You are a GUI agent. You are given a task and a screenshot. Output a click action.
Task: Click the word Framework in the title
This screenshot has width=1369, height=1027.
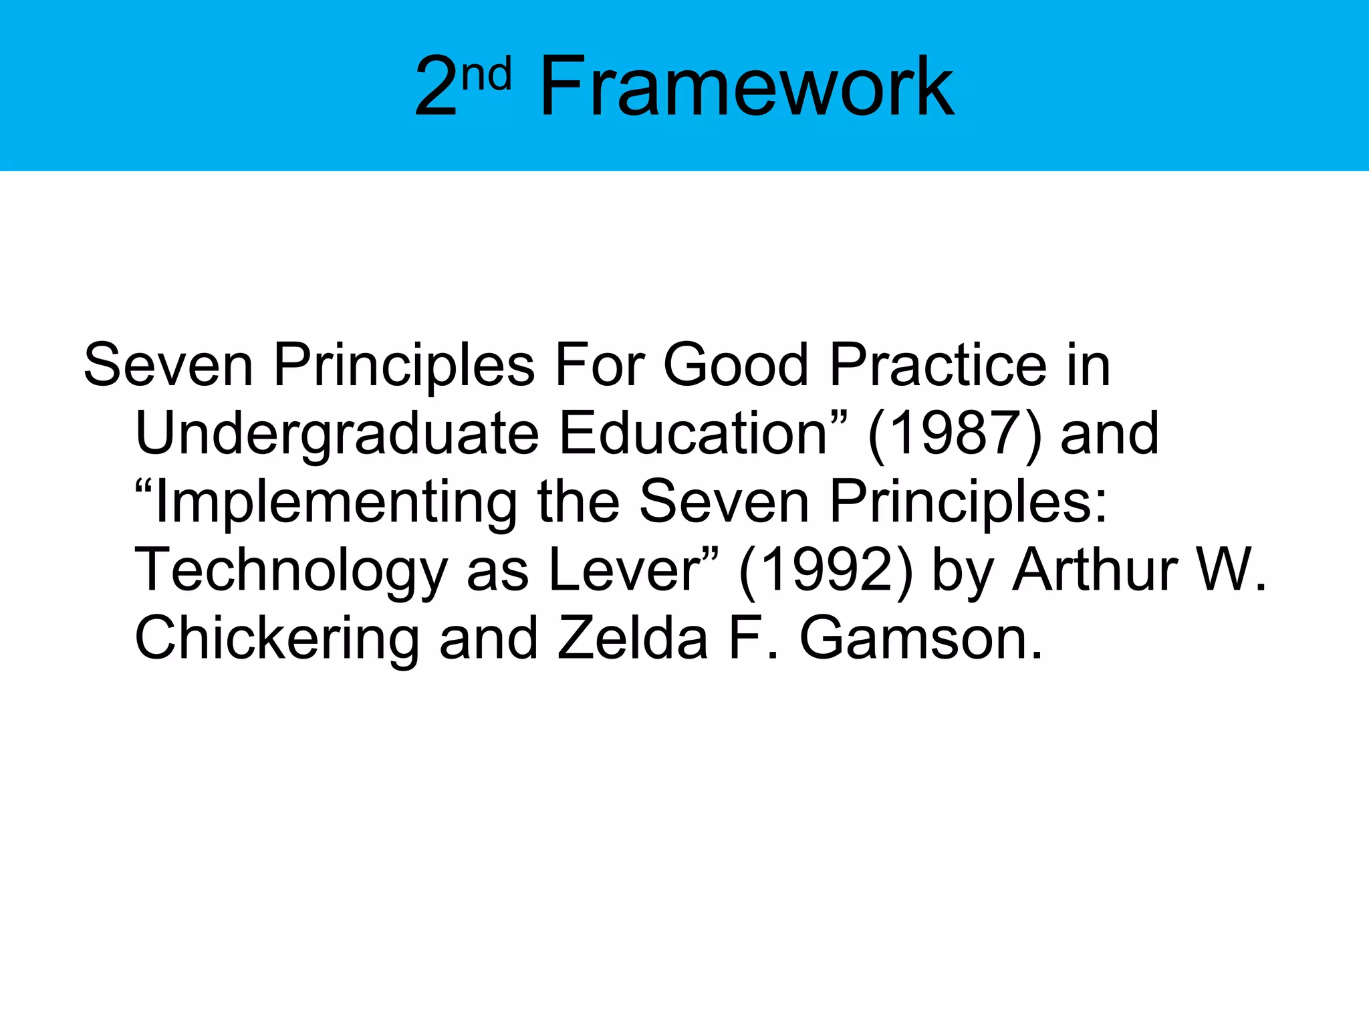(x=746, y=87)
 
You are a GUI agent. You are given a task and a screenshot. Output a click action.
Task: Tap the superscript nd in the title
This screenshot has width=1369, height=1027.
(x=487, y=74)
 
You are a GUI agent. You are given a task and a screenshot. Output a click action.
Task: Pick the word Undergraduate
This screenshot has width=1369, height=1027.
(x=337, y=435)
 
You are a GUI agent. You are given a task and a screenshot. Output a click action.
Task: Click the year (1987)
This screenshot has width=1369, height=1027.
(x=955, y=435)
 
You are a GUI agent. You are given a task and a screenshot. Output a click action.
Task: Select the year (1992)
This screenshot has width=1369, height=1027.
(x=826, y=571)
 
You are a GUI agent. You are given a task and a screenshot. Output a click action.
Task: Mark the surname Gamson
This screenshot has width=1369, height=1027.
(x=919, y=639)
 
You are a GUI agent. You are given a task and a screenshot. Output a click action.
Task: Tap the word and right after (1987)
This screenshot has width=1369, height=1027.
(x=1110, y=434)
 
